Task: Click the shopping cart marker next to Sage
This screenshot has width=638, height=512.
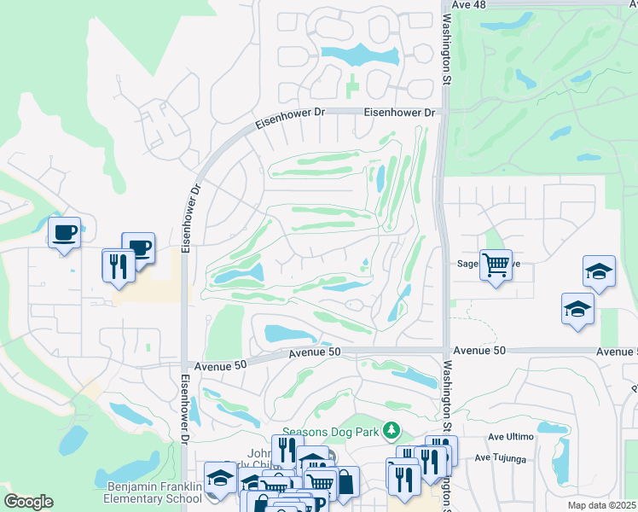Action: tap(495, 265)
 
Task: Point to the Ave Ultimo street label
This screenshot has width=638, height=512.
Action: tap(510, 436)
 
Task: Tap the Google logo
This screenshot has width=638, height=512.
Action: tap(28, 502)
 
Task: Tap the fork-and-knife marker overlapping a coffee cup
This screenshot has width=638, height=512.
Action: tap(118, 264)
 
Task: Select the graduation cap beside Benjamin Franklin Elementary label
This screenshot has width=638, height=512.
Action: tap(220, 478)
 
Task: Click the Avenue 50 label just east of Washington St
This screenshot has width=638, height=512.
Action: tap(479, 351)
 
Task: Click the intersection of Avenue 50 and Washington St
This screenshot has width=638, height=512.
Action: tap(444, 349)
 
